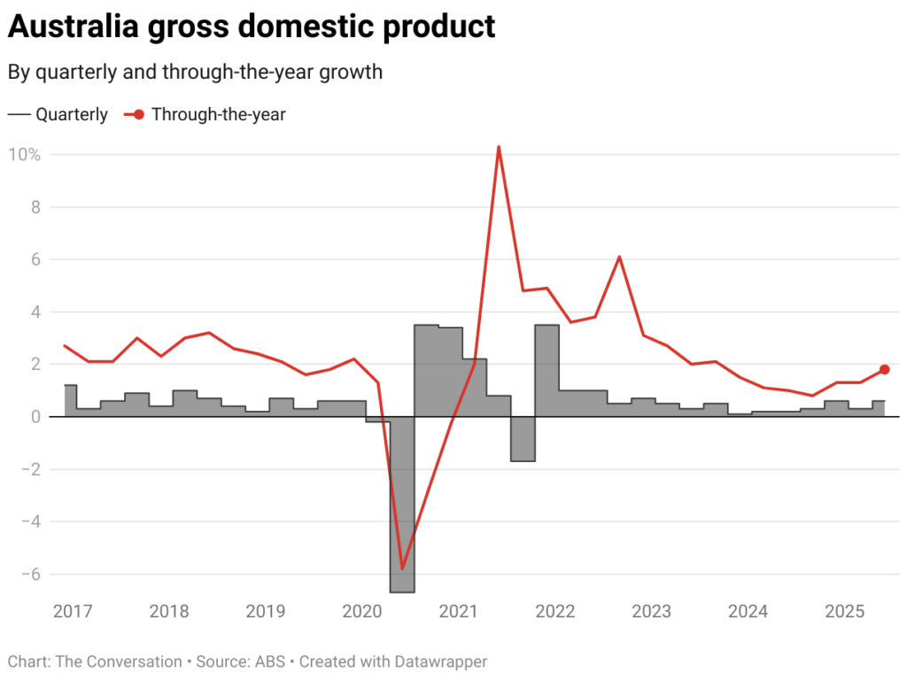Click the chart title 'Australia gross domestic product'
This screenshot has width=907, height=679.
tap(251, 27)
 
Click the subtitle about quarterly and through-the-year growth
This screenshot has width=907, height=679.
tap(195, 73)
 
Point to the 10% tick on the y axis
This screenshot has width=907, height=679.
tap(25, 155)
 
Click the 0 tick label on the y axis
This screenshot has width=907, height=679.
tap(35, 417)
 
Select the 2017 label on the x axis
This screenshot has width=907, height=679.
tap(73, 612)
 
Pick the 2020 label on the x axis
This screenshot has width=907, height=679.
tap(361, 612)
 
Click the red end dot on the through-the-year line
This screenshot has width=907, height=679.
tap(884, 369)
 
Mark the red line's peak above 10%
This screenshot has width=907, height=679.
tap(499, 147)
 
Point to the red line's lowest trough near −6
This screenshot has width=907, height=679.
tap(402, 568)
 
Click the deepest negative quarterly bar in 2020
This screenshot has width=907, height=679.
tap(402, 505)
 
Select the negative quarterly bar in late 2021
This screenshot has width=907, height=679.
tap(523, 439)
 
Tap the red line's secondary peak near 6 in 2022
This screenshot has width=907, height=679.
tap(619, 257)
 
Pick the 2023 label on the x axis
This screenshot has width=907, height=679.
tap(651, 612)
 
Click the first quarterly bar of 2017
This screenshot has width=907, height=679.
tap(70, 401)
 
